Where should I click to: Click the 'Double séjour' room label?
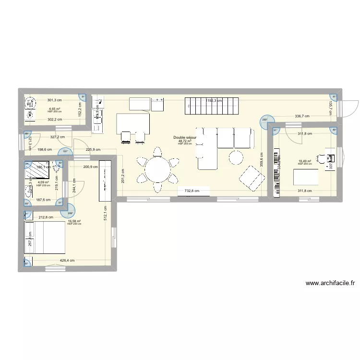(185, 138)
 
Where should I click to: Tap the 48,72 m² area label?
(185, 141)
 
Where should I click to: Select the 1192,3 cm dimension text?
(214, 101)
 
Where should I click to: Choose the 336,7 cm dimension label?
(301, 116)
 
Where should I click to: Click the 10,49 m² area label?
(305, 161)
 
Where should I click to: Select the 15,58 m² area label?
(74, 221)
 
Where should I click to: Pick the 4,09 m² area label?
(43, 182)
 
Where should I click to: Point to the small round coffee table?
(236, 157)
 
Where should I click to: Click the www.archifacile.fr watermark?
(329, 284)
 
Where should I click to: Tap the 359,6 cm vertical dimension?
(262, 159)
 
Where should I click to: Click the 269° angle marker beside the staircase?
(265, 121)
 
